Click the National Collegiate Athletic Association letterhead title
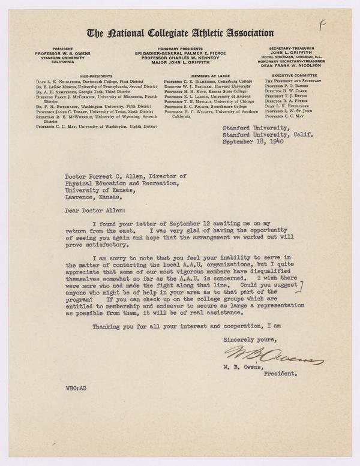click(180, 33)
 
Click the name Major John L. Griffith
click(180, 64)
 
